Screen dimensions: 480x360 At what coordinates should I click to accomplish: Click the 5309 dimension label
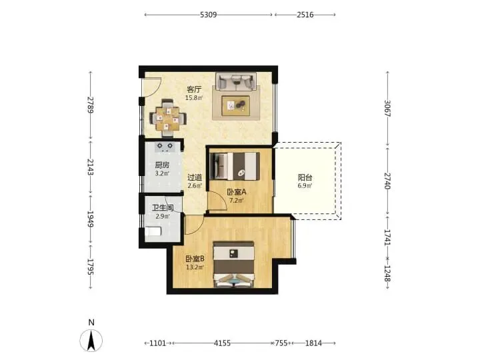pos(208,15)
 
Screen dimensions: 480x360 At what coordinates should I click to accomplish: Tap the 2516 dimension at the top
pos(305,15)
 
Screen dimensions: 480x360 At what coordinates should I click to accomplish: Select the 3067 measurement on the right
pos(387,109)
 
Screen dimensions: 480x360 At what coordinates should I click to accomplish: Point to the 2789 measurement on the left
pos(90,105)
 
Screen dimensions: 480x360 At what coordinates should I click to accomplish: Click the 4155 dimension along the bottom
pos(222,343)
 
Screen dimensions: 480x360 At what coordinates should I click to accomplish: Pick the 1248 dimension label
pos(387,273)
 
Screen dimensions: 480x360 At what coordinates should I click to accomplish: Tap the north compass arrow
pos(91,340)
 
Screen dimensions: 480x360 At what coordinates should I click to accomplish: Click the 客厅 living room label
pos(195,89)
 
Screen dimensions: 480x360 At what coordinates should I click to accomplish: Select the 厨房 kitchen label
pos(162,165)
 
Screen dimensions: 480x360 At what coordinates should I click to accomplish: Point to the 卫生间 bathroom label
pos(163,208)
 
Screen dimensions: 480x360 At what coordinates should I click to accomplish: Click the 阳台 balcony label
pos(305,177)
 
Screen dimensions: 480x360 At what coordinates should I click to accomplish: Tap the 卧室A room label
pos(236,192)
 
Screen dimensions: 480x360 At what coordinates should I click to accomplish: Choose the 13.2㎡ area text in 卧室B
pos(195,267)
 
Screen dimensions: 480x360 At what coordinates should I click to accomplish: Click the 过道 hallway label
pos(195,177)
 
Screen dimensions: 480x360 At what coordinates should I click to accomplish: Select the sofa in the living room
pos(236,81)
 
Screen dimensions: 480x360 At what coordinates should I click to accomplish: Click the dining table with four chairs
pos(168,118)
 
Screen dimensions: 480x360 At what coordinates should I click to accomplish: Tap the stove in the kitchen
pos(165,147)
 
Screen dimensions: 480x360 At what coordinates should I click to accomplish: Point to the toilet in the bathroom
pos(153,231)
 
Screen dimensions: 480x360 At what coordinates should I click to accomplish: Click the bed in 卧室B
pos(234,265)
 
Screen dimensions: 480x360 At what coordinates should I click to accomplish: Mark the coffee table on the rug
pos(236,105)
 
